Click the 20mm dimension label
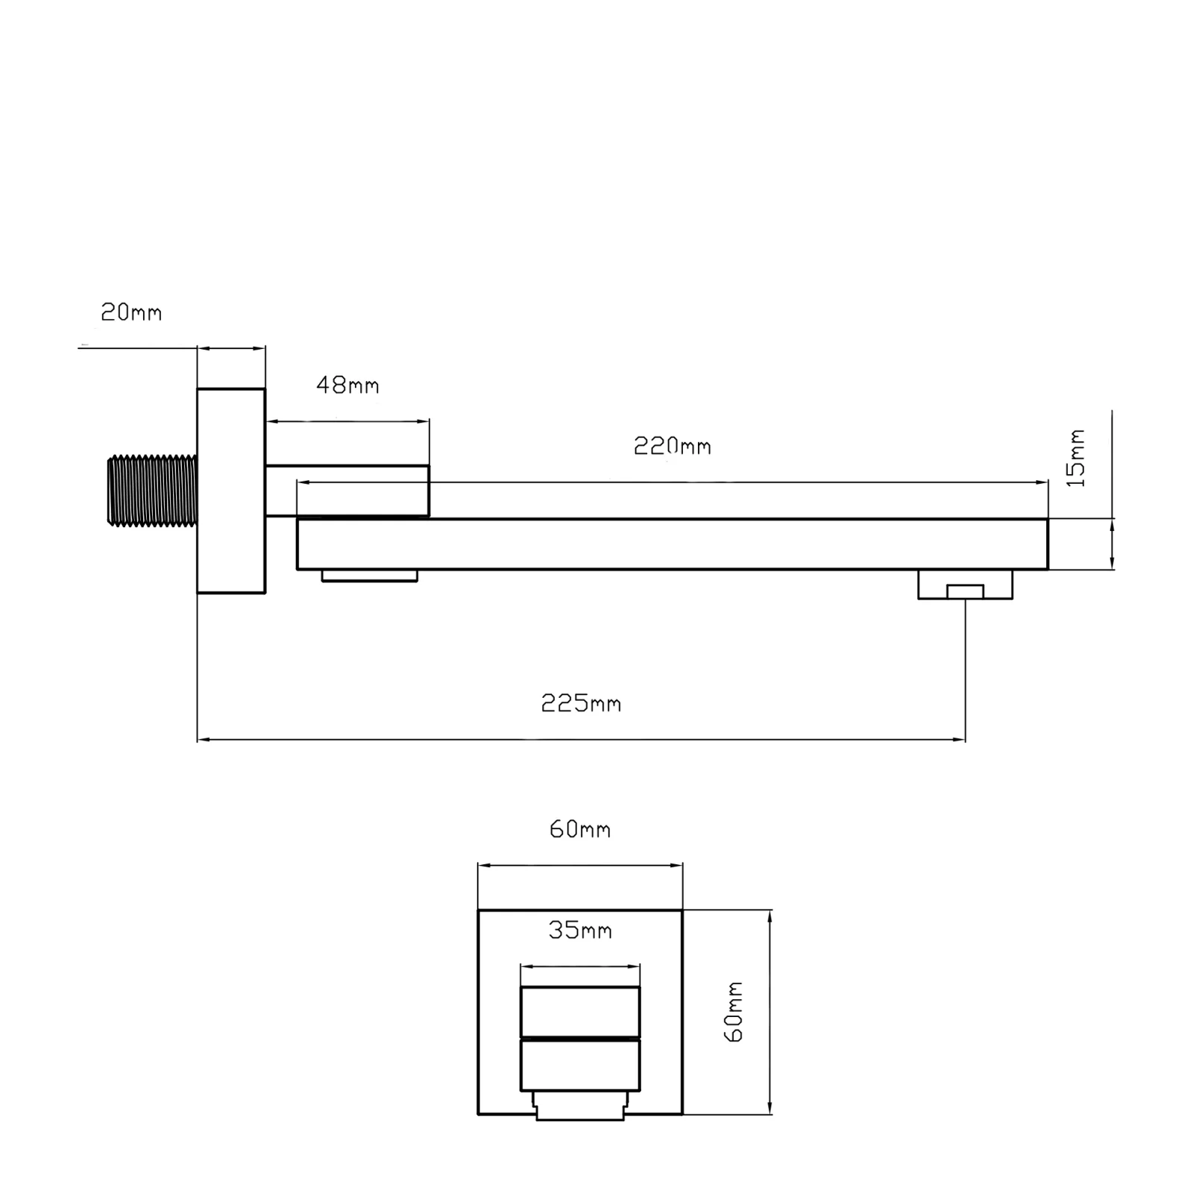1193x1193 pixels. click(131, 312)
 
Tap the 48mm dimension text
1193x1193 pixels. click(347, 385)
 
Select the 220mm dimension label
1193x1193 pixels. click(673, 446)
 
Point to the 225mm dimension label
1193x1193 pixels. click(581, 703)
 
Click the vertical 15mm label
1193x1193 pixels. click(1076, 458)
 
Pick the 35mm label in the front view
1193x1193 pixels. click(580, 930)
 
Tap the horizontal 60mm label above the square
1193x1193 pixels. click(580, 829)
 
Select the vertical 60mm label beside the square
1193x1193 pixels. click(734, 1012)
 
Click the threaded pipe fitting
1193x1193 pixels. click(153, 491)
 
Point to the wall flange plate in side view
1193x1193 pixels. click(231, 491)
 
